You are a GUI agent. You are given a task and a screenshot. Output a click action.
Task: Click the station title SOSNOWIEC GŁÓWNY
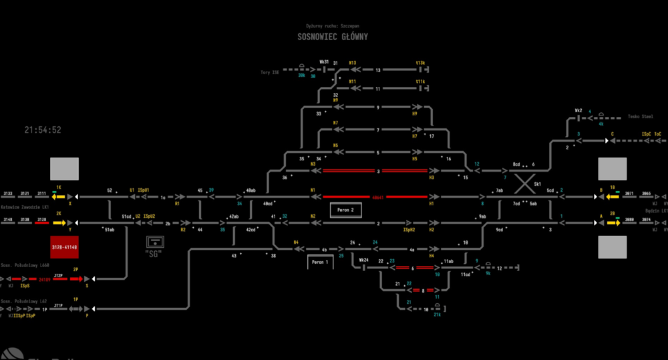point(333,37)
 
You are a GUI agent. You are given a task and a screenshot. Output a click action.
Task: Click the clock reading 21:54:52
point(43,130)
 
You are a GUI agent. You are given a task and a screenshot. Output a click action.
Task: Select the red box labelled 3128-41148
point(64,247)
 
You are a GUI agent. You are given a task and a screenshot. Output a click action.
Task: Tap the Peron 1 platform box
point(320,262)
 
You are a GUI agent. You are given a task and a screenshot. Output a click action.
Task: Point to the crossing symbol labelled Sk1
point(525,182)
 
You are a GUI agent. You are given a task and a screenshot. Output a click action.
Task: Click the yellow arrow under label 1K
point(59,196)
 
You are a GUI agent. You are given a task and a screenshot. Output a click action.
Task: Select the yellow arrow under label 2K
point(59,223)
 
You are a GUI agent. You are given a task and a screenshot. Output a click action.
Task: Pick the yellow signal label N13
point(352,62)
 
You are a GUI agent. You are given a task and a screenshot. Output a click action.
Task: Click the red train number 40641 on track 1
point(377,197)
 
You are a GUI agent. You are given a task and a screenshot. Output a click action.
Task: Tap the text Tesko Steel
point(640,116)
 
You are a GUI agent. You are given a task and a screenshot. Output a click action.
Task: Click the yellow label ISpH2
point(409,229)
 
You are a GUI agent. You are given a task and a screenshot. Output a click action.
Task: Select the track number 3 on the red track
point(378,172)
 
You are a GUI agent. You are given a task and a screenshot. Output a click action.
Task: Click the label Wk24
point(363,260)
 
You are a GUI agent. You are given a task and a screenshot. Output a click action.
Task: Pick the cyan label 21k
point(437,315)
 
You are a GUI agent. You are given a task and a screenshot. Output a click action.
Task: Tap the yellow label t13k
point(420,62)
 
